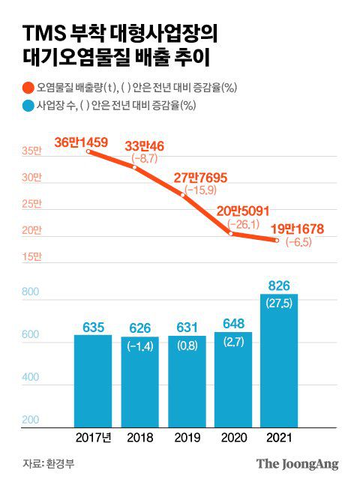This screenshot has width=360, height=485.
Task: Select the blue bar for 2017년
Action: (92, 380)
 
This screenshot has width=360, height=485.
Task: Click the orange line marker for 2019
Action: (184, 195)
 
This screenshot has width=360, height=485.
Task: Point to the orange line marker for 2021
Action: (277, 240)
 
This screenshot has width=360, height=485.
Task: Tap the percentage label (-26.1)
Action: (243, 224)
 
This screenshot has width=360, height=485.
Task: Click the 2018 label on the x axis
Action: (139, 437)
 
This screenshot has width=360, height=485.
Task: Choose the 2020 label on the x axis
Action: (232, 437)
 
